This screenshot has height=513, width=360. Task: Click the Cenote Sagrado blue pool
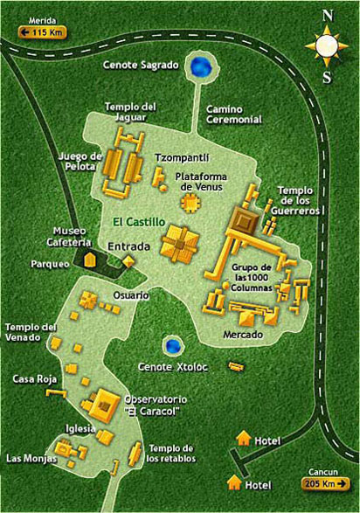204,65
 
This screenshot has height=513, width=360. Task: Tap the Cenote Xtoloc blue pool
171,346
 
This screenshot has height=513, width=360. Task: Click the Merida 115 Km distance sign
38,33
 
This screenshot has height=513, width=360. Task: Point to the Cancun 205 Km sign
329,482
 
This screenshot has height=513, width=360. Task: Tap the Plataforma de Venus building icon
190,203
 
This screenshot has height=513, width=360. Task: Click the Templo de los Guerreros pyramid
245,219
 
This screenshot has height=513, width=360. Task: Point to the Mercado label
242,333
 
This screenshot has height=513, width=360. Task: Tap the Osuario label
129,295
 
